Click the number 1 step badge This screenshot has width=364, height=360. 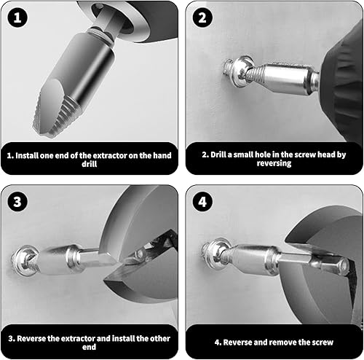click(x=17, y=17)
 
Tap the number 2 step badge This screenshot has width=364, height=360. click(x=202, y=17)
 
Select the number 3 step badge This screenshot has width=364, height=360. click(x=17, y=202)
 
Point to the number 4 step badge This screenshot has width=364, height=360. click(x=202, y=202)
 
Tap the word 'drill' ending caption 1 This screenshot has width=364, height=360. click(x=90, y=164)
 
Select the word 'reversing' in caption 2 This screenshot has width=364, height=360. click(x=274, y=163)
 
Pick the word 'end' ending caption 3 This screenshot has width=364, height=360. click(x=89, y=347)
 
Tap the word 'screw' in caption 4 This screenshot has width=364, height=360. click(x=323, y=343)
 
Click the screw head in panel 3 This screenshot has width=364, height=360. click(x=23, y=260)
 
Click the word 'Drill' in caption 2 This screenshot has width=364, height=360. click(x=218, y=154)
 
